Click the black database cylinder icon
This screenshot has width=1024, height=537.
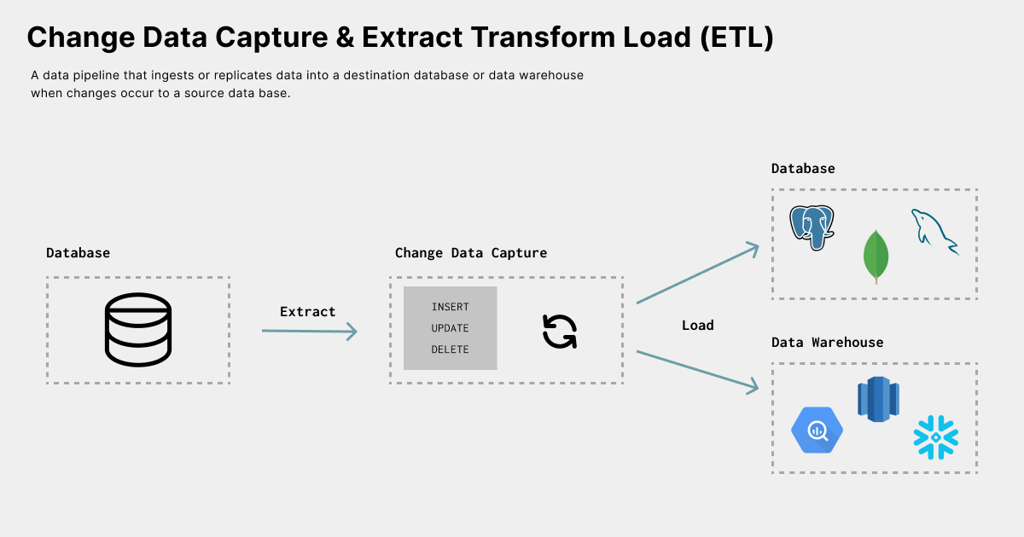click(137, 331)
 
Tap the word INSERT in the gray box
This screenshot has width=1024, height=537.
click(450, 307)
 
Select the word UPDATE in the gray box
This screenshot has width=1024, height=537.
click(450, 328)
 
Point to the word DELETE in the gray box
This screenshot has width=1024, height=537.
click(450, 349)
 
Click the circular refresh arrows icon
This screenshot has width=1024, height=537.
click(560, 332)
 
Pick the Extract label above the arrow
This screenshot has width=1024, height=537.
click(308, 312)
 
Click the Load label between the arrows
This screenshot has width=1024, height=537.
click(698, 326)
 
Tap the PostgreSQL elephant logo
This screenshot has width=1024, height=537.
click(812, 227)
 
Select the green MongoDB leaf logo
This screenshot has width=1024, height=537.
click(875, 256)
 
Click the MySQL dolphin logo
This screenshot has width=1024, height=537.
click(934, 231)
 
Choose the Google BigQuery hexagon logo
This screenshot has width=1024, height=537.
click(817, 430)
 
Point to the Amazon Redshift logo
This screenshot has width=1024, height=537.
click(878, 399)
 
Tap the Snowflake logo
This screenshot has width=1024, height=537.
click(936, 437)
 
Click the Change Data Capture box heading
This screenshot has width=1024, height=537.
click(471, 253)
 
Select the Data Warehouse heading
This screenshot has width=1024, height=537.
click(827, 343)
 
